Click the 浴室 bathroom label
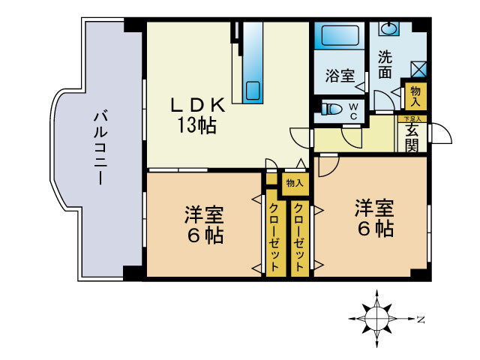(x=339, y=76)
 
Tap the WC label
(x=353, y=110)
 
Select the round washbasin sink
(x=389, y=29)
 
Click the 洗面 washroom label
(x=385, y=65)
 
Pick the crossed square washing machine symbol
(x=418, y=69)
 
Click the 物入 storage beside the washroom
(x=413, y=95)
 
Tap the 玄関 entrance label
(x=413, y=137)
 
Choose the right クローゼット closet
(x=298, y=237)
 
